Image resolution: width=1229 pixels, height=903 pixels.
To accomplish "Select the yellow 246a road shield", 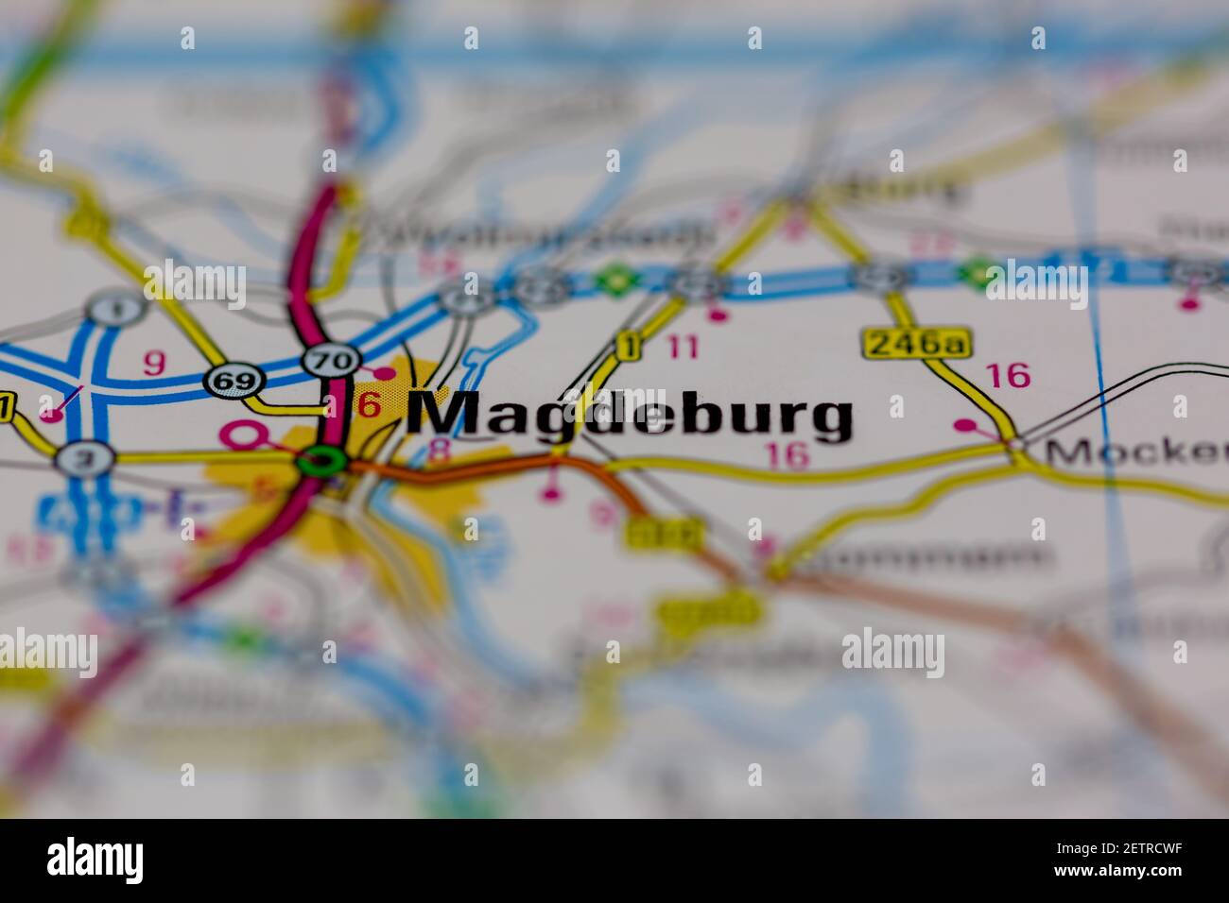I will tap(916, 344).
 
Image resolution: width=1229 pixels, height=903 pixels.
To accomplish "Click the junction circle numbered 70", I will tap(332, 360).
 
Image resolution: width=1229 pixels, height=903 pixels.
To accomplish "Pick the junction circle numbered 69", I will tap(234, 381).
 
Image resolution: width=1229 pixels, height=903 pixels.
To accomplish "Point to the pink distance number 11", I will tap(683, 348).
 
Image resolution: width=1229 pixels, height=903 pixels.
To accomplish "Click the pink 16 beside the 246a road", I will tap(1008, 376).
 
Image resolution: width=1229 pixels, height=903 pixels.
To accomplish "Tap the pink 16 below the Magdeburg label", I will tap(788, 456).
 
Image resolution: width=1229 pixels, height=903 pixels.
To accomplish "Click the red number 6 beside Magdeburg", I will tap(369, 405).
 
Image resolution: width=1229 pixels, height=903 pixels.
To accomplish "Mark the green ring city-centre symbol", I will tap(321, 463).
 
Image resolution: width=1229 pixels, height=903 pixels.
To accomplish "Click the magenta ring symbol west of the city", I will tap(241, 434).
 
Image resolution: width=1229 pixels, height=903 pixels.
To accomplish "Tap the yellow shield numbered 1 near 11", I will tap(627, 347).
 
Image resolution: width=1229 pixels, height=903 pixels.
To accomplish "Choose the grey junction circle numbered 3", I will tap(84, 459).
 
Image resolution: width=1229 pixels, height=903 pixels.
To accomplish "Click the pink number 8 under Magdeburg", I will tap(439, 451).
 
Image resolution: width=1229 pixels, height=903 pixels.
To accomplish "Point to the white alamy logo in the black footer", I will tap(95, 860).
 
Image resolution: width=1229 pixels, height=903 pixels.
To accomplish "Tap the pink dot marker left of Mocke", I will tap(964, 426).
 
